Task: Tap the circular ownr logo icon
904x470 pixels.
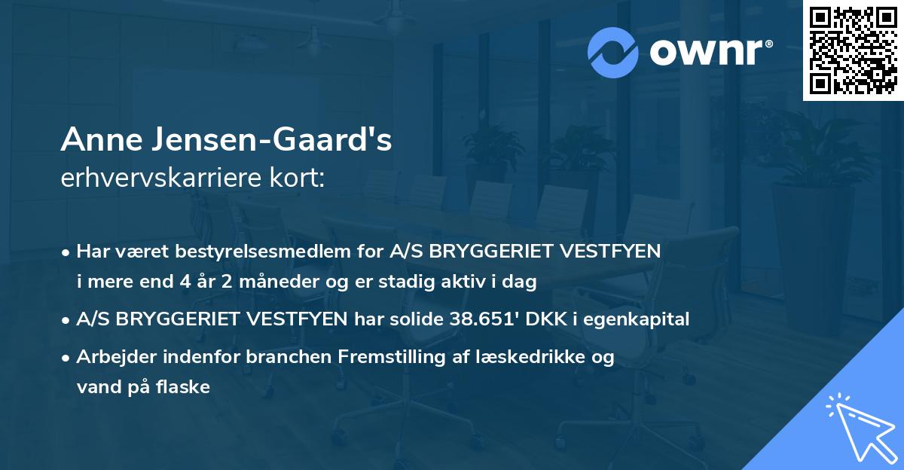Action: coord(613,52)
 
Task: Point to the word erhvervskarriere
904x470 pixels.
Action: coord(153,179)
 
